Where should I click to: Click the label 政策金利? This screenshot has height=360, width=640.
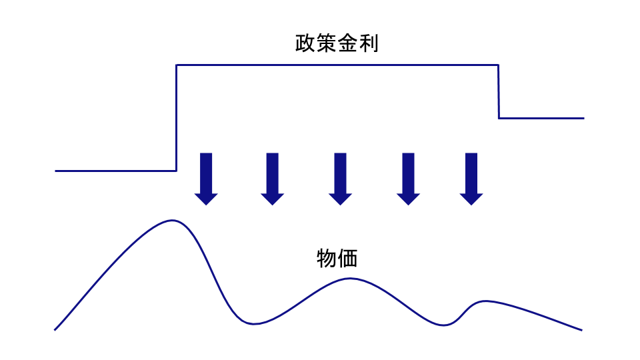(337, 44)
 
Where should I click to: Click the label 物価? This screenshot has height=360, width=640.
(337, 258)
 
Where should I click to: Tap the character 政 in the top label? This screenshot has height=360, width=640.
(305, 44)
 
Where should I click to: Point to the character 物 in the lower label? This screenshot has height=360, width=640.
(327, 258)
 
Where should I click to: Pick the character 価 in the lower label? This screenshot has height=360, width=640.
(348, 258)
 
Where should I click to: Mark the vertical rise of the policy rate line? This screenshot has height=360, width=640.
(176, 117)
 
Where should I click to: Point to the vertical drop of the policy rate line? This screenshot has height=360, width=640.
(499, 91)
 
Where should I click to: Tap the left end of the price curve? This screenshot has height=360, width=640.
(55, 329)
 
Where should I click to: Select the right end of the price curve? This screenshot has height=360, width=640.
(581, 329)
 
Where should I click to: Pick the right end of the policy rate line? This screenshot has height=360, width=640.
(583, 118)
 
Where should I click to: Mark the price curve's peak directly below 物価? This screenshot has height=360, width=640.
(350, 278)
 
